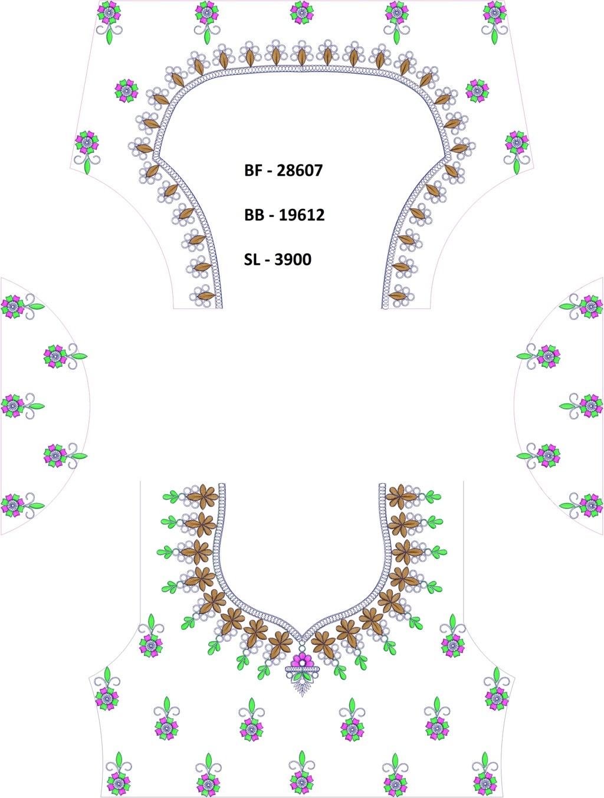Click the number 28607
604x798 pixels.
tap(300, 170)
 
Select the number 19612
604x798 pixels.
tap(301, 215)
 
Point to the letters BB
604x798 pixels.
tap(254, 215)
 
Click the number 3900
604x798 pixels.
tap(293, 260)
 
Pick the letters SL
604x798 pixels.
tap(252, 260)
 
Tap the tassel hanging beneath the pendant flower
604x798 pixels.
tap(302, 688)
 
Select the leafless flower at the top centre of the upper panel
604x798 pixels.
tap(301, 12)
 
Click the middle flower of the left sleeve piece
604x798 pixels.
tap(13, 405)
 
